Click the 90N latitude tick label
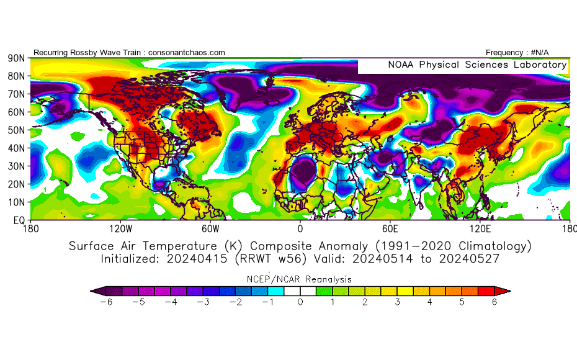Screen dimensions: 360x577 coord(16,58)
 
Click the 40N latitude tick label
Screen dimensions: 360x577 coord(16,148)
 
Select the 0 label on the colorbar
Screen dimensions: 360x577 coord(300,302)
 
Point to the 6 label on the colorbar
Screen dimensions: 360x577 coord(495,302)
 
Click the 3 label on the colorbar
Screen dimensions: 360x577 coord(397,302)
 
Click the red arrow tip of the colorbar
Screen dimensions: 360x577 coord(506,290)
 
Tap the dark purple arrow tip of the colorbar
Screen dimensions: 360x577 coord(94,290)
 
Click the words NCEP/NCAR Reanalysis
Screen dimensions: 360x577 coord(300,279)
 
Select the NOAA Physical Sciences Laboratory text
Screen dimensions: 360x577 coord(476,65)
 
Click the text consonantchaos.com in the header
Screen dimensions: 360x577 coord(184,53)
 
